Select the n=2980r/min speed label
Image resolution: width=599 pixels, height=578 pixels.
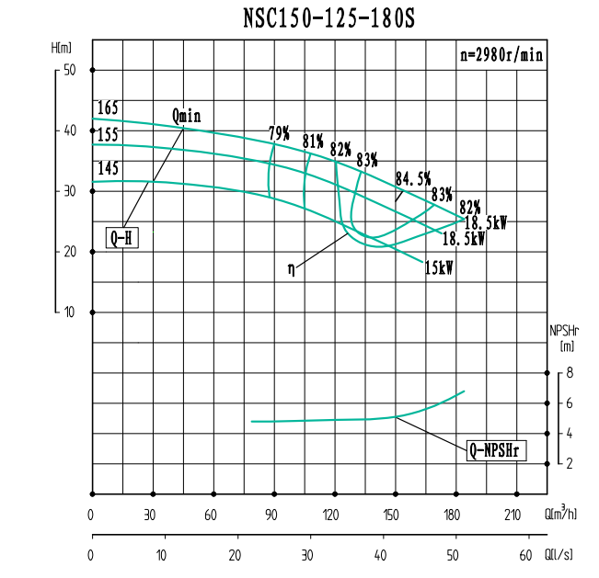point(501,54)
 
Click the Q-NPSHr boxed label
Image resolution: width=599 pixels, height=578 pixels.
point(496,450)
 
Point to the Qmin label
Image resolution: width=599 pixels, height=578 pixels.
point(186,117)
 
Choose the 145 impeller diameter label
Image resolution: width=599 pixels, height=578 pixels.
point(108,169)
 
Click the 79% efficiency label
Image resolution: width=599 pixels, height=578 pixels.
point(279,134)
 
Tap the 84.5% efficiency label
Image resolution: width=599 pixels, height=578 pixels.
point(413,178)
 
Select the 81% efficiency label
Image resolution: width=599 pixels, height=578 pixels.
point(313,142)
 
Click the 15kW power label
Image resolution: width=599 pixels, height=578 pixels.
point(438,268)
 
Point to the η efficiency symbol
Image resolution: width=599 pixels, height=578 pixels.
point(292,269)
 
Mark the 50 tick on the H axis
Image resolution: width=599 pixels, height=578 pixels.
point(69,70)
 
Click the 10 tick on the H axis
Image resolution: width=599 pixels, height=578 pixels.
point(69,312)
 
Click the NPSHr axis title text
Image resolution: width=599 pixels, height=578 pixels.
point(565,332)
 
